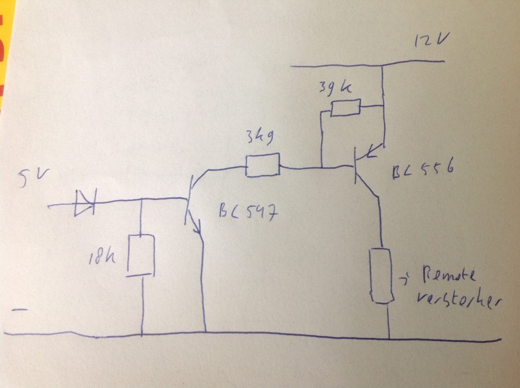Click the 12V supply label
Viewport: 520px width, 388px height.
click(430, 43)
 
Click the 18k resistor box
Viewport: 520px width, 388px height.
click(140, 254)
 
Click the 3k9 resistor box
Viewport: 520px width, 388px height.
click(262, 165)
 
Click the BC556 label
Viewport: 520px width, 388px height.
click(421, 174)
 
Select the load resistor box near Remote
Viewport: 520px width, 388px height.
click(382, 275)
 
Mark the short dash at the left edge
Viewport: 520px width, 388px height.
click(20, 311)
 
